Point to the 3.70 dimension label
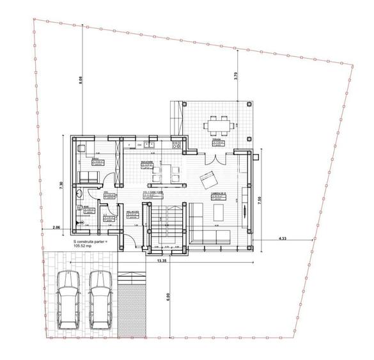pos(237,76)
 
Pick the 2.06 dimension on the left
pos(56,227)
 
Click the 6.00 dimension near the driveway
pos(167,297)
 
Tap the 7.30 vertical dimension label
pos(60,185)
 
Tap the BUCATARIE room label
pos(147,163)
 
